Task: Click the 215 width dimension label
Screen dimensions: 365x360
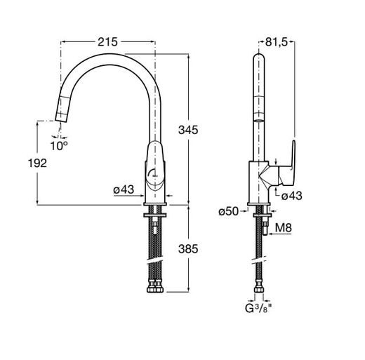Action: pyautogui.click(x=107, y=42)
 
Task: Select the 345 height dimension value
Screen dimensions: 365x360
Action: pyautogui.click(x=188, y=130)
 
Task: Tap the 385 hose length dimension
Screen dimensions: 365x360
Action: pyautogui.click(x=188, y=249)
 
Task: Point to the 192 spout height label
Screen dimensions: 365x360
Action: pyautogui.click(x=37, y=163)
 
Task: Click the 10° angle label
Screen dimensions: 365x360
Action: pyautogui.click(x=59, y=146)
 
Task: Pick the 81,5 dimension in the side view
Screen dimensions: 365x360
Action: pyautogui.click(x=277, y=42)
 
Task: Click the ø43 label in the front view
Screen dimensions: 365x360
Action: pyautogui.click(x=124, y=189)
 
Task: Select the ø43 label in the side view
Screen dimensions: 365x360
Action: pyautogui.click(x=292, y=196)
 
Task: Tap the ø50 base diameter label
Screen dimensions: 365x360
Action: pyautogui.click(x=229, y=211)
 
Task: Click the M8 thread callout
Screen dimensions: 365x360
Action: pyautogui.click(x=284, y=227)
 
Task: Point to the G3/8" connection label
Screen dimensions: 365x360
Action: pyautogui.click(x=259, y=308)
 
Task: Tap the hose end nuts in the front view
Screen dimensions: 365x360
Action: pyautogui.click(x=155, y=289)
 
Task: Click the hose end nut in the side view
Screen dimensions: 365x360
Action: pyautogui.click(x=259, y=289)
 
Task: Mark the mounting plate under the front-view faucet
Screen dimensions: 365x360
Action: pyautogui.click(x=155, y=215)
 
